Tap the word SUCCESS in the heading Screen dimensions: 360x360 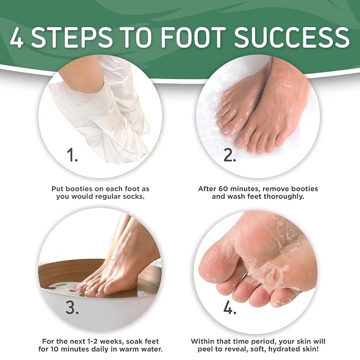click(x=292, y=37)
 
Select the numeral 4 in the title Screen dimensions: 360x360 click(x=16, y=37)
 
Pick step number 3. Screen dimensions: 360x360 click(x=72, y=307)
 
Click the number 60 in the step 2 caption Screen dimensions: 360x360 click(x=223, y=189)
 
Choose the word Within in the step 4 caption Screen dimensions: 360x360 click(x=203, y=341)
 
